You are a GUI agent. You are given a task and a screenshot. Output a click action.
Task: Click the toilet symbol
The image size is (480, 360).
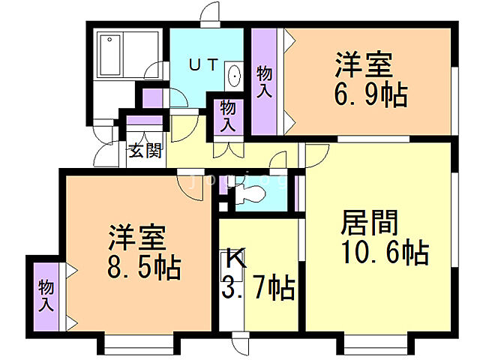(248, 193)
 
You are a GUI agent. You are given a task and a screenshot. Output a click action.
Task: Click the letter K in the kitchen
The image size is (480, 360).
(235, 260)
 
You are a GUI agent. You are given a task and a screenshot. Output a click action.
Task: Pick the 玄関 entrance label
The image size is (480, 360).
(144, 150)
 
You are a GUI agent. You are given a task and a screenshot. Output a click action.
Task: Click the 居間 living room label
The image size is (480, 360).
(370, 223)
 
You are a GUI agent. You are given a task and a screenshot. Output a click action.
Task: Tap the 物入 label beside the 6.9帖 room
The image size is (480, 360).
(263, 82)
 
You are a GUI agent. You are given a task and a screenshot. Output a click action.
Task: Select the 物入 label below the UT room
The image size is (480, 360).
(227, 116)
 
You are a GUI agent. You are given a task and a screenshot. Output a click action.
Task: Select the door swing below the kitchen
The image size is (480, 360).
(241, 344)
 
